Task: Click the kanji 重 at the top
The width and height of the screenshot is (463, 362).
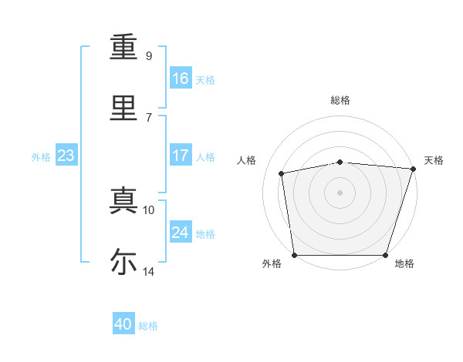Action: (x=123, y=47)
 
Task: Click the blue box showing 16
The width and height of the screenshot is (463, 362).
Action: (x=181, y=78)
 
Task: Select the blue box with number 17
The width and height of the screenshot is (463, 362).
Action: (x=181, y=155)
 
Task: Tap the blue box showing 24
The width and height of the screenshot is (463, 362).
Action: (x=181, y=232)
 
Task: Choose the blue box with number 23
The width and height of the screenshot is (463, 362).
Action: (x=66, y=156)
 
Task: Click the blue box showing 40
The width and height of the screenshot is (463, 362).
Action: (x=123, y=324)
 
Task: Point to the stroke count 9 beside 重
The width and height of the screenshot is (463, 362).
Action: (x=149, y=56)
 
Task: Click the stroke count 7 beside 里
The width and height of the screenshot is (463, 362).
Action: (x=149, y=117)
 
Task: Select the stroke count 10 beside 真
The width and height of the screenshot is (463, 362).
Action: (x=149, y=209)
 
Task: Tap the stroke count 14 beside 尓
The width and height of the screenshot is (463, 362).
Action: (x=149, y=271)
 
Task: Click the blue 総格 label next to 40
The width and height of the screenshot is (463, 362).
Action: (x=148, y=326)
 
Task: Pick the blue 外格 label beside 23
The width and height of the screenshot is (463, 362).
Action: (x=41, y=156)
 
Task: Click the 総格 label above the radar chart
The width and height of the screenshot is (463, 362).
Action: (x=340, y=100)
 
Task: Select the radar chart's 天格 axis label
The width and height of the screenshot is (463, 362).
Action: (x=434, y=160)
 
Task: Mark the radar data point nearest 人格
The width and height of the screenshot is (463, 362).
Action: (x=282, y=173)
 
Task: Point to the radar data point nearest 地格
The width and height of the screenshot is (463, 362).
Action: (x=386, y=255)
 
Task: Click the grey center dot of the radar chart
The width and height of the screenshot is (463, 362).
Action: (x=340, y=192)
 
